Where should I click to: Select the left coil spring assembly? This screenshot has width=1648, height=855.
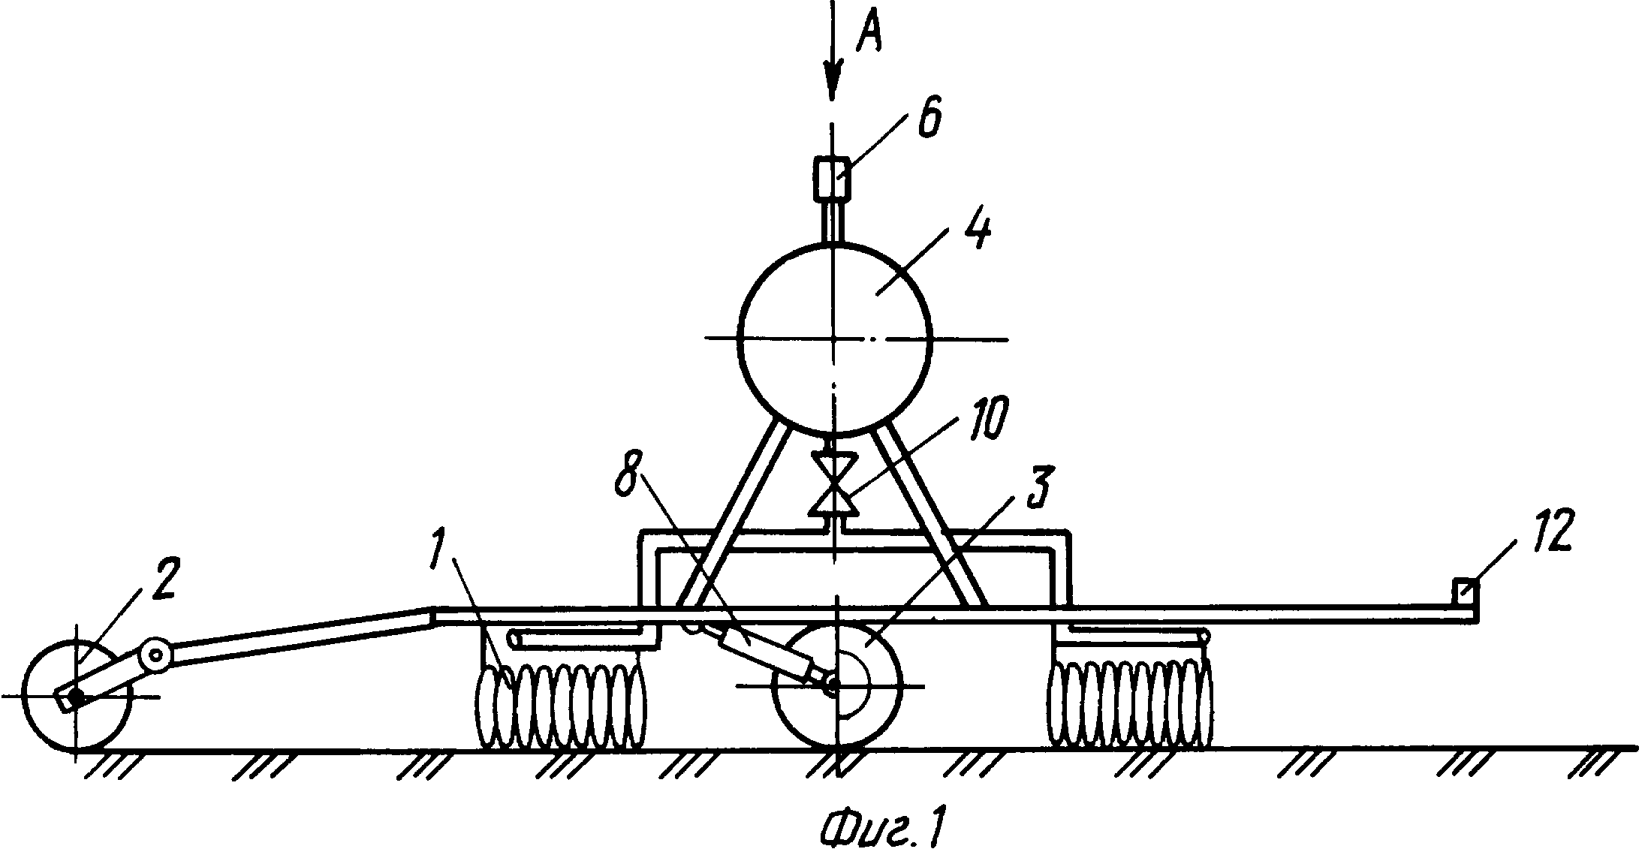(562, 706)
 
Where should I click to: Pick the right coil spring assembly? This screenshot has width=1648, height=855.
(1131, 706)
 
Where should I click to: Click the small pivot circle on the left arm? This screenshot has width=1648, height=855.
(157, 655)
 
